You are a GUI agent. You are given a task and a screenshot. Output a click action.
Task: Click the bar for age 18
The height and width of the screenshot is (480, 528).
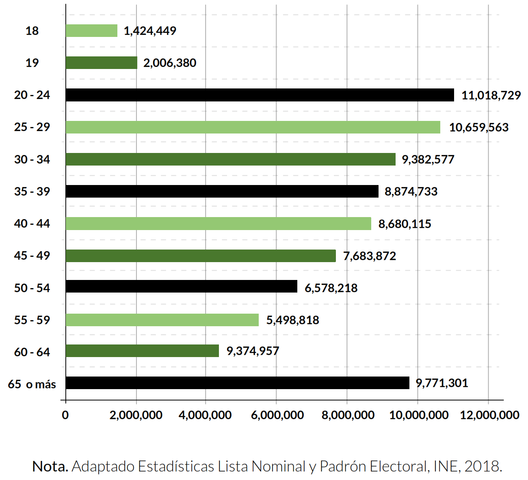(x=91, y=31)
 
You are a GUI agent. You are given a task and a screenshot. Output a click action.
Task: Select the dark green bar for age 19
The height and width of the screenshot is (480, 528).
(x=102, y=63)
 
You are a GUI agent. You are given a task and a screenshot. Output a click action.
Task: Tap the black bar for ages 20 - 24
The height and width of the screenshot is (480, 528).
(x=260, y=95)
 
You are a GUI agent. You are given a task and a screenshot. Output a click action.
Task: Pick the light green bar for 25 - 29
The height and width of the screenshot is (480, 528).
(x=253, y=127)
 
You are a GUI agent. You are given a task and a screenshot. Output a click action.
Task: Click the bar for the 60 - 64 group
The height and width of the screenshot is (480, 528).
(x=142, y=351)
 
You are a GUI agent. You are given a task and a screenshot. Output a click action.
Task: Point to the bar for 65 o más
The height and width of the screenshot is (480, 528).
(x=237, y=383)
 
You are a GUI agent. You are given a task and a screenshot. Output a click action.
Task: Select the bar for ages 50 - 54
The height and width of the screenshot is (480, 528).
(x=181, y=286)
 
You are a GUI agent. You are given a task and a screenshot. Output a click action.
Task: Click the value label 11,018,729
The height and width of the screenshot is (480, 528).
(x=491, y=95)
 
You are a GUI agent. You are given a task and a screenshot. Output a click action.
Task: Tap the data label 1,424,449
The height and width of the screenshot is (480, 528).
(x=150, y=31)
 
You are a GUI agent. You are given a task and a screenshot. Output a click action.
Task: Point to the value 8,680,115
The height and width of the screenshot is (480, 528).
(x=405, y=224)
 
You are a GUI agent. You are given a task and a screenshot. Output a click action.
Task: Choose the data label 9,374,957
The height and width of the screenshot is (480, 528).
(x=253, y=351)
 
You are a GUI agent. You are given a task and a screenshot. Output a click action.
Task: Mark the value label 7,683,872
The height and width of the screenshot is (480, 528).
(x=369, y=256)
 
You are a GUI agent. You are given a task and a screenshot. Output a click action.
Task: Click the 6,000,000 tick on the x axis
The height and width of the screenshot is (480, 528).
(x=277, y=415)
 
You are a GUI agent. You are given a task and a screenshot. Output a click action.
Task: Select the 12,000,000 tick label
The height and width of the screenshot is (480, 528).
(x=489, y=415)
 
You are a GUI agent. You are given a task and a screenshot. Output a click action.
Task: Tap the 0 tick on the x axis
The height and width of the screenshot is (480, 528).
(x=65, y=415)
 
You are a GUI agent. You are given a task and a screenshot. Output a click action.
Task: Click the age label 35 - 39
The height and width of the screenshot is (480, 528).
(x=32, y=192)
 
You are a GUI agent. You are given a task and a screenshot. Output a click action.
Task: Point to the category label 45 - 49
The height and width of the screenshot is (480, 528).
(x=32, y=256)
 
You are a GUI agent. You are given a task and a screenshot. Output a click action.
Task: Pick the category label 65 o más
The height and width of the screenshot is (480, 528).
(x=32, y=384)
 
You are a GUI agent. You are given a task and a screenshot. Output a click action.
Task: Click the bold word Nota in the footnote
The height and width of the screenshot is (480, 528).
(x=50, y=467)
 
